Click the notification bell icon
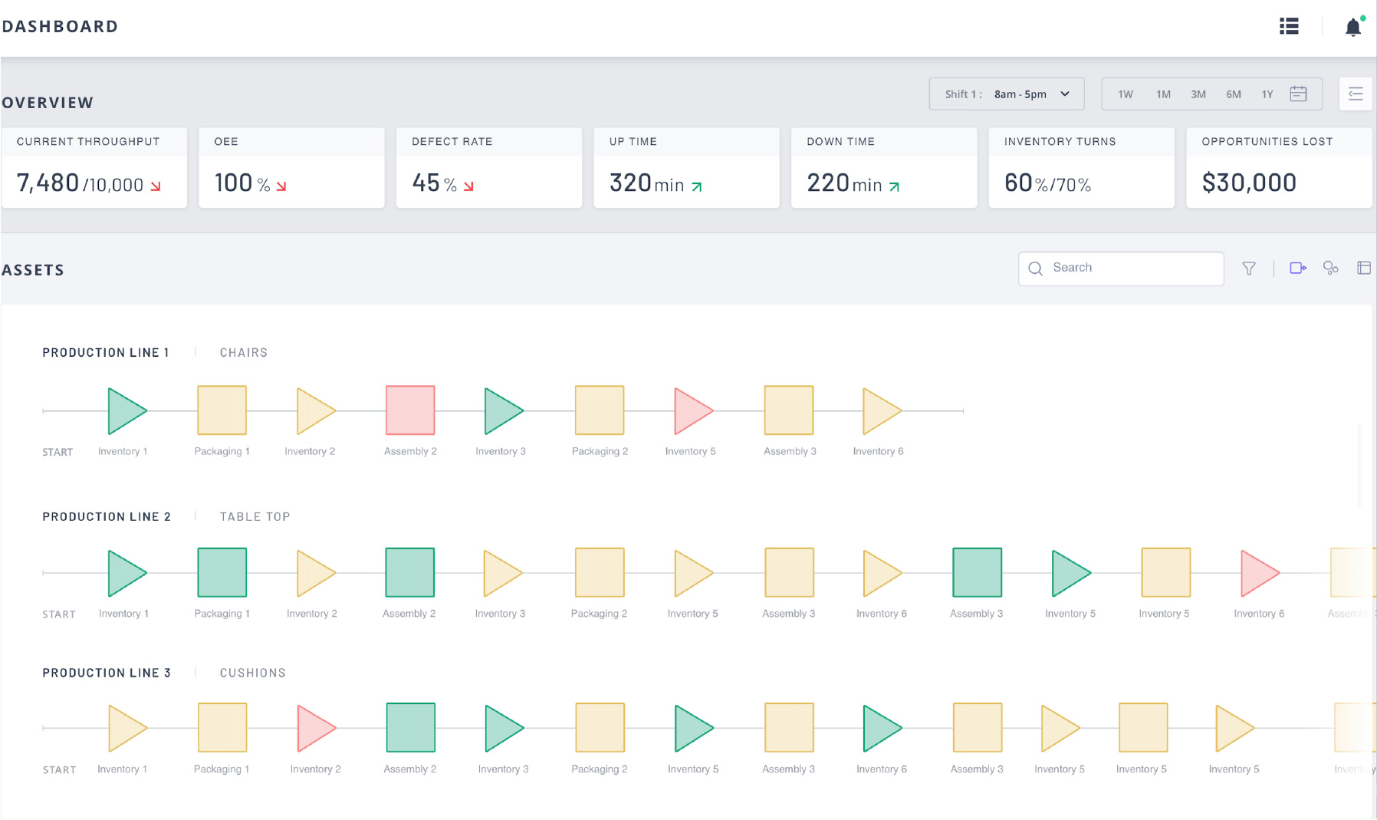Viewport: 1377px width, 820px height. (x=1352, y=28)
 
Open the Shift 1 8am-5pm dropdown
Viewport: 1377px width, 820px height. (x=1006, y=94)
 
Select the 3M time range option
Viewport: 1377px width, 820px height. (x=1198, y=94)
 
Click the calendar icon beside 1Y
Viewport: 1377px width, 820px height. (x=1298, y=94)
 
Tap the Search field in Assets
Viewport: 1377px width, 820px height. (x=1127, y=268)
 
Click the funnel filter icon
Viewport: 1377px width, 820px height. (x=1249, y=268)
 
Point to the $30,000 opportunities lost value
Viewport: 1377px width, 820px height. (x=1249, y=183)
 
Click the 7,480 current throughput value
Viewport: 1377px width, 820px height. (x=48, y=183)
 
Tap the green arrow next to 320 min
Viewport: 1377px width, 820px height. (x=697, y=186)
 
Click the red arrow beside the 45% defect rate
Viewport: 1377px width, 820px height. (x=468, y=186)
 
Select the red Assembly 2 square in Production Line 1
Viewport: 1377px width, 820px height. (x=410, y=410)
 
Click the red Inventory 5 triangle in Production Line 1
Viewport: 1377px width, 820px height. (x=692, y=411)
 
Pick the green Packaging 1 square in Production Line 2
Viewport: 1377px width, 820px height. (x=222, y=572)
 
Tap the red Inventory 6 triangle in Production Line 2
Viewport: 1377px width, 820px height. (x=1257, y=573)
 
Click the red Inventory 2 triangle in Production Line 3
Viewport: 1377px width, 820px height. (x=314, y=728)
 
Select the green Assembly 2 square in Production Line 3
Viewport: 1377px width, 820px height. (x=410, y=727)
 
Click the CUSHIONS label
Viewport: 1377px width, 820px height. (x=252, y=673)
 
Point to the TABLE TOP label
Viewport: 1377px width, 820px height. (x=255, y=517)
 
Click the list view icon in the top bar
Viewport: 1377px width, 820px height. (x=1289, y=27)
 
